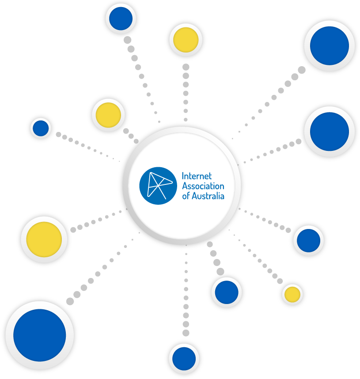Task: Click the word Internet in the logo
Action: coord(197,177)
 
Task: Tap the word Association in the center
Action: coord(203,186)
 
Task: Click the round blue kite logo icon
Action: coord(158,186)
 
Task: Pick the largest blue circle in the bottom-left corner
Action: coord(40,335)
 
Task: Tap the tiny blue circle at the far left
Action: coord(41,128)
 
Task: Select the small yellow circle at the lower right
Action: coord(292,294)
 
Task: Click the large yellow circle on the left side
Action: coord(44,240)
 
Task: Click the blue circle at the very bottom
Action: coord(184,358)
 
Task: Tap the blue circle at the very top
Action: coord(121,19)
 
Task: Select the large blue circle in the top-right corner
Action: coord(330,45)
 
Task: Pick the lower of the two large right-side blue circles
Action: coord(330,131)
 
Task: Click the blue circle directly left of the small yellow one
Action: coord(227,292)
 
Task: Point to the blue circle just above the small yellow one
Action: coord(308,240)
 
